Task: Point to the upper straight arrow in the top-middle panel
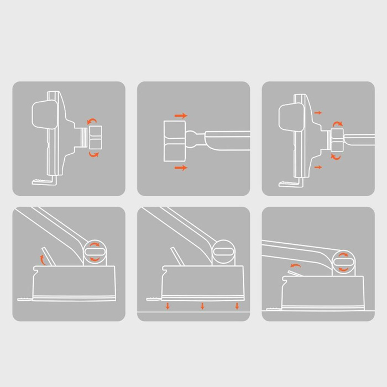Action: tap(181, 116)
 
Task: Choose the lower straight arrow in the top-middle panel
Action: tap(181, 167)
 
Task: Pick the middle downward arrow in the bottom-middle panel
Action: tap(202, 306)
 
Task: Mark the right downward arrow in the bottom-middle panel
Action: tap(237, 306)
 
